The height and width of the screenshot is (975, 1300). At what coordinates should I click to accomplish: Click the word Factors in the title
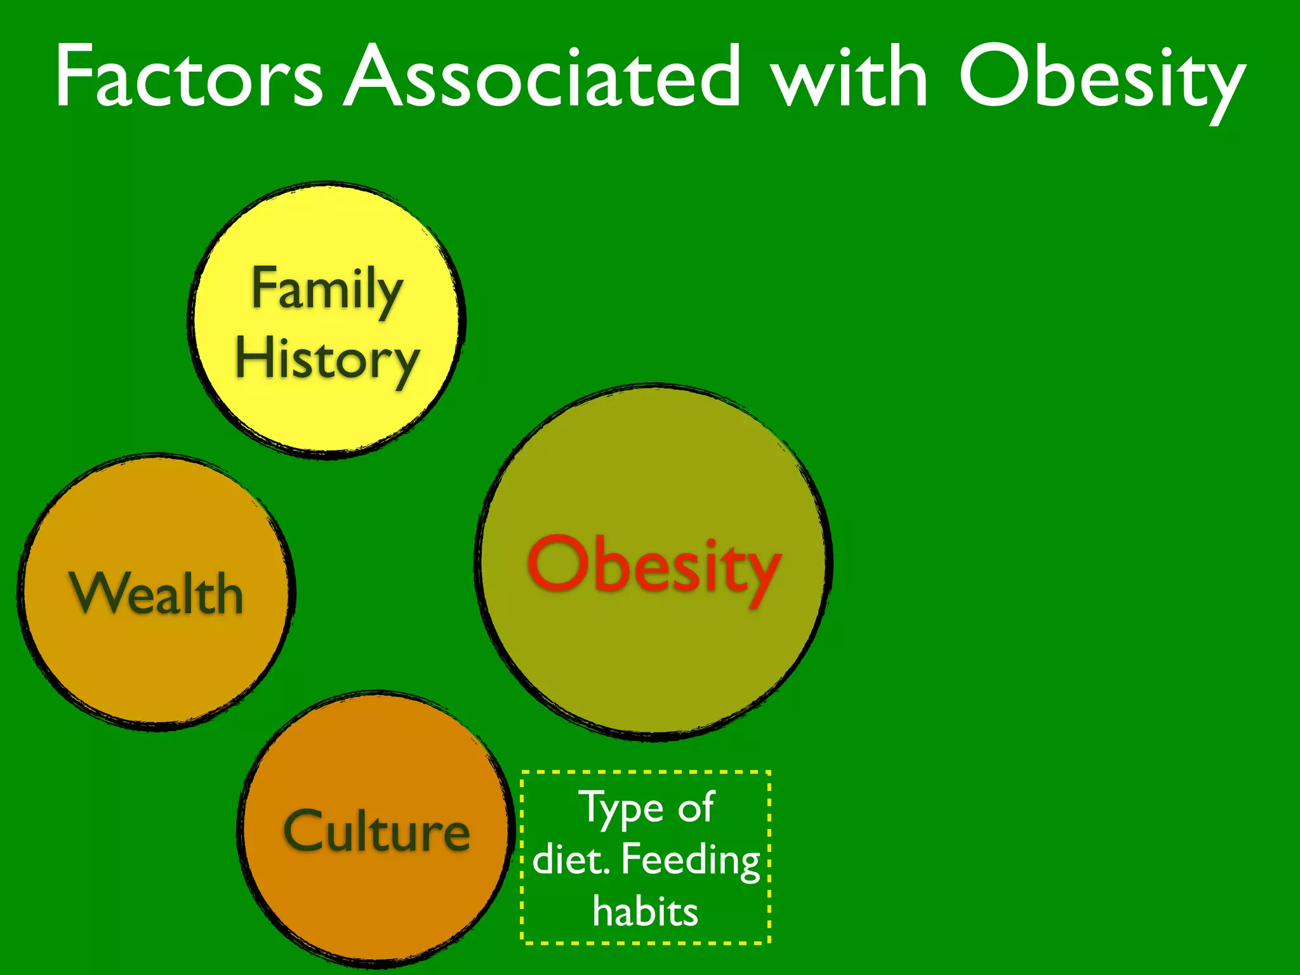[189, 77]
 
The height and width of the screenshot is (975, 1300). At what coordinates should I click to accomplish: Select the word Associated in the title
[543, 77]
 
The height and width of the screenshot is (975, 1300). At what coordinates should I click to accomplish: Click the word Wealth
[156, 594]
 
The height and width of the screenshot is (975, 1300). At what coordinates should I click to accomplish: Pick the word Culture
[376, 831]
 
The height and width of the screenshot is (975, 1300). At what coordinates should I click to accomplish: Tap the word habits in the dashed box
[645, 912]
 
